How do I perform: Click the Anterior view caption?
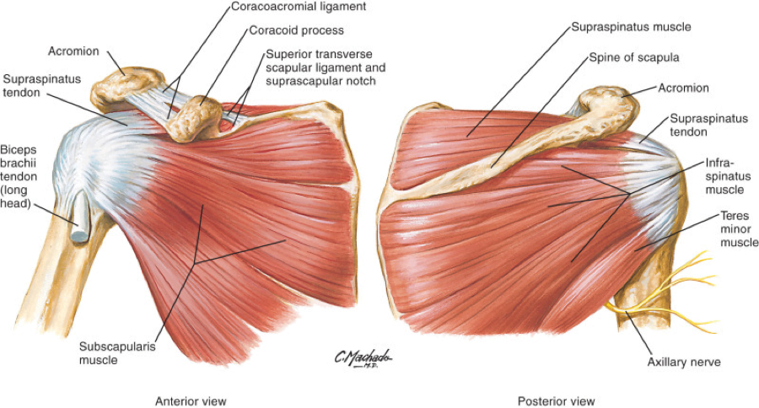[191, 400]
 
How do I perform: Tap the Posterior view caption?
[556, 400]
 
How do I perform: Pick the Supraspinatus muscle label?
[631, 27]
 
